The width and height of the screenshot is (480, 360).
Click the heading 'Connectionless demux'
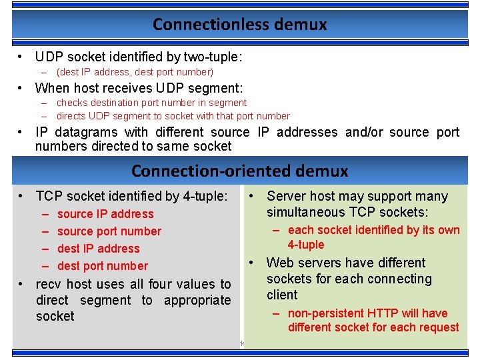coord(239,25)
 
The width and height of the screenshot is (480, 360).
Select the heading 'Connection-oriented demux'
coord(239,171)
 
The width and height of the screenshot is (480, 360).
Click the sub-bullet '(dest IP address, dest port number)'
coord(135,72)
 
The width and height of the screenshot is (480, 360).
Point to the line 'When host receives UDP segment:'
coord(139,88)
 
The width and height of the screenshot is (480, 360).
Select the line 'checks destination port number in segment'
coord(151,103)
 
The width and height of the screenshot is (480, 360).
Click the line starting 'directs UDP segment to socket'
coord(173,116)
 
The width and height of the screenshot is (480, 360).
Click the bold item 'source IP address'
coord(105,214)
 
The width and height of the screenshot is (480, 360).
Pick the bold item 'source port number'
coord(109,231)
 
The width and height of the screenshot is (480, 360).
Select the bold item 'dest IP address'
coord(99,249)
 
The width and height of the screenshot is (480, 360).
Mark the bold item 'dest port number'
coord(103,266)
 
